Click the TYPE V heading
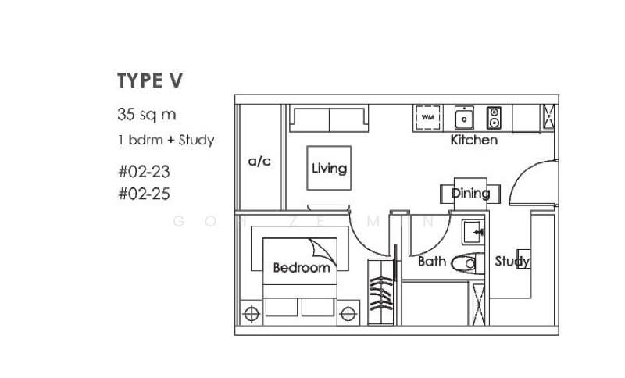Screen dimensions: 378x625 (x=150, y=80)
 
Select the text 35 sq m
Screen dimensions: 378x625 (x=146, y=115)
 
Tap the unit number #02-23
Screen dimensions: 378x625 (x=144, y=171)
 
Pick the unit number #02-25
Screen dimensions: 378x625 (x=144, y=194)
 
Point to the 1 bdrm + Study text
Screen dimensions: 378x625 (x=166, y=141)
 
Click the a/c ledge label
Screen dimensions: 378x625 (x=259, y=162)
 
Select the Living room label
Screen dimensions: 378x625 (x=329, y=168)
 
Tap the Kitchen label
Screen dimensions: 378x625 (x=473, y=141)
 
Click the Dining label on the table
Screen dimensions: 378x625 (x=470, y=193)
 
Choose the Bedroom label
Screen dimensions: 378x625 (x=301, y=268)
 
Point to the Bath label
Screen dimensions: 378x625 (x=431, y=262)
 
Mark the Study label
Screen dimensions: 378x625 (x=512, y=262)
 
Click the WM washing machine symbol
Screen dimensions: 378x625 (x=427, y=117)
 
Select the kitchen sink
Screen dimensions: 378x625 (x=465, y=118)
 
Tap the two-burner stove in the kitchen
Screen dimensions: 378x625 (x=494, y=118)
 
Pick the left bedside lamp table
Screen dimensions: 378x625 (x=252, y=314)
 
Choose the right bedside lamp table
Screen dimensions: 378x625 (x=348, y=314)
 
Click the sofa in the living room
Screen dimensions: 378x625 (x=329, y=119)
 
